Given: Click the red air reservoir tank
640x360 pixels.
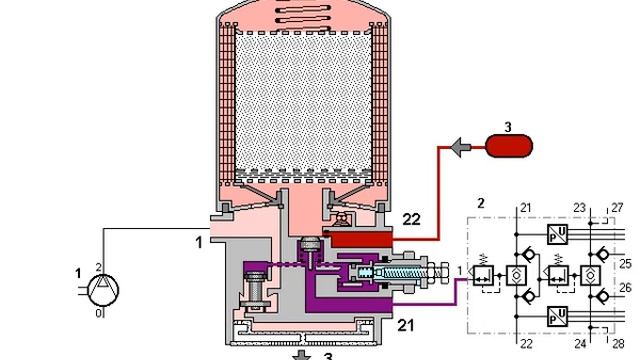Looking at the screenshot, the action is (509, 146).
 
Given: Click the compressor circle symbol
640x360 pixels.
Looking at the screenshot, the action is (104, 290).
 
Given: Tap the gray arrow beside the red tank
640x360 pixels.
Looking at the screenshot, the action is (460, 147).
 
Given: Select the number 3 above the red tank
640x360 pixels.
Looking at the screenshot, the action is (508, 127).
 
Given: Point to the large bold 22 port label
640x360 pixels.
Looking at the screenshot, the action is (411, 220).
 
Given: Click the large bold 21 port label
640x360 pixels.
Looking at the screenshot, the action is (406, 325).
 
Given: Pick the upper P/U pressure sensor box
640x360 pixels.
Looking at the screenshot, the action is (558, 234).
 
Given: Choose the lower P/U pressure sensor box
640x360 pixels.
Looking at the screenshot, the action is (558, 316).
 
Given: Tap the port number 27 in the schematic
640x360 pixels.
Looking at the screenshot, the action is (618, 208).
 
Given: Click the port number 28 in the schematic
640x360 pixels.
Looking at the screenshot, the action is (618, 344).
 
